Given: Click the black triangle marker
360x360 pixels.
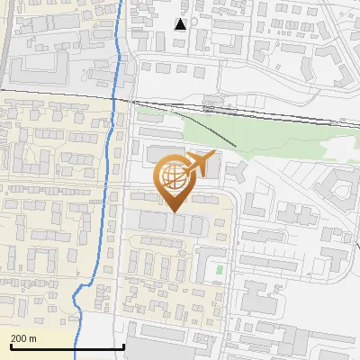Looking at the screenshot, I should pyautogui.click(x=181, y=24).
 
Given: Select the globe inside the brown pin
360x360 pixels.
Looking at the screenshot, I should pyautogui.click(x=174, y=176).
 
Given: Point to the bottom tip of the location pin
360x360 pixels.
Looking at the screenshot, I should pyautogui.click(x=174, y=211).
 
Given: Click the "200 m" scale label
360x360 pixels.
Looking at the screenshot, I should pyautogui.click(x=23, y=338).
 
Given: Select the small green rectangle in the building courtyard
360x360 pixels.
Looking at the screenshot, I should pyautogui.click(x=219, y=268).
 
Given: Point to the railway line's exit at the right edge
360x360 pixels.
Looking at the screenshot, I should pyautogui.click(x=358, y=124).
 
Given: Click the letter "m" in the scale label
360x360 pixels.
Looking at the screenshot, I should pyautogui.click(x=33, y=338).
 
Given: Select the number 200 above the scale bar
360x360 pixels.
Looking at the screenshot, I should pyautogui.click(x=19, y=338).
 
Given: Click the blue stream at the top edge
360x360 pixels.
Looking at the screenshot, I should pyautogui.click(x=122, y=3).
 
